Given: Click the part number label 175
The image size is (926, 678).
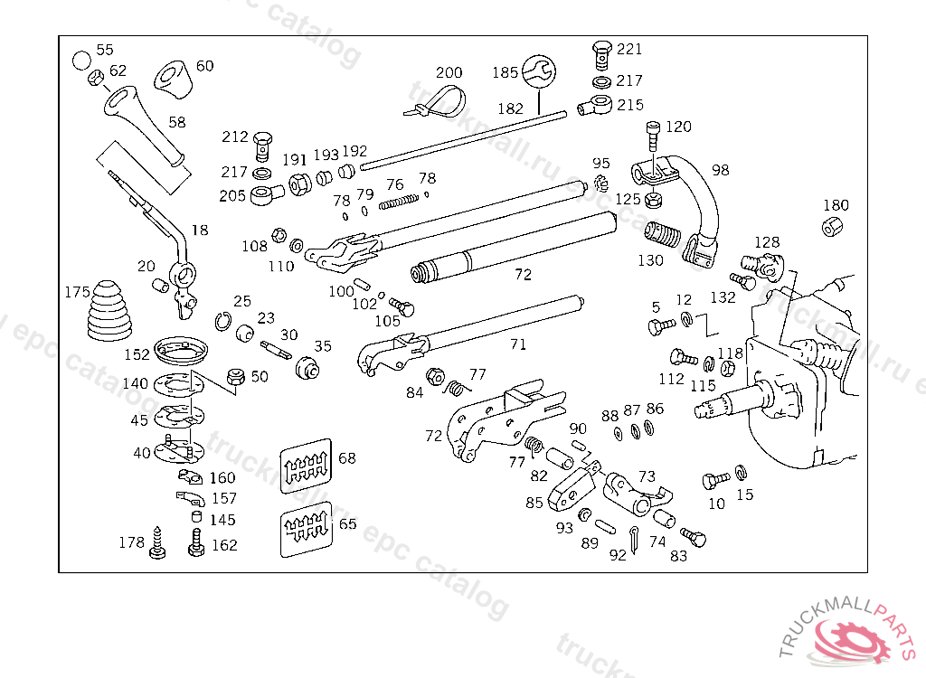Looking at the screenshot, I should pyautogui.click(x=77, y=292).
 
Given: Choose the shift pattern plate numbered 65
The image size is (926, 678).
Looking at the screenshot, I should pyautogui.click(x=305, y=527).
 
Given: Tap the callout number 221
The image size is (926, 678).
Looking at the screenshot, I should pyautogui.click(x=629, y=50).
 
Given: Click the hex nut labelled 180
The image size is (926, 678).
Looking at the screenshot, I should pyautogui.click(x=829, y=226).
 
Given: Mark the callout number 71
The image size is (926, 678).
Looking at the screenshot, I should pyautogui.click(x=517, y=344).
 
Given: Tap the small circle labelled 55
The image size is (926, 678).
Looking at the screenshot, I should pyautogui.click(x=81, y=60).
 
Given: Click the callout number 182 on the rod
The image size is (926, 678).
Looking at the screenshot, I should pyautogui.click(x=510, y=108).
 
